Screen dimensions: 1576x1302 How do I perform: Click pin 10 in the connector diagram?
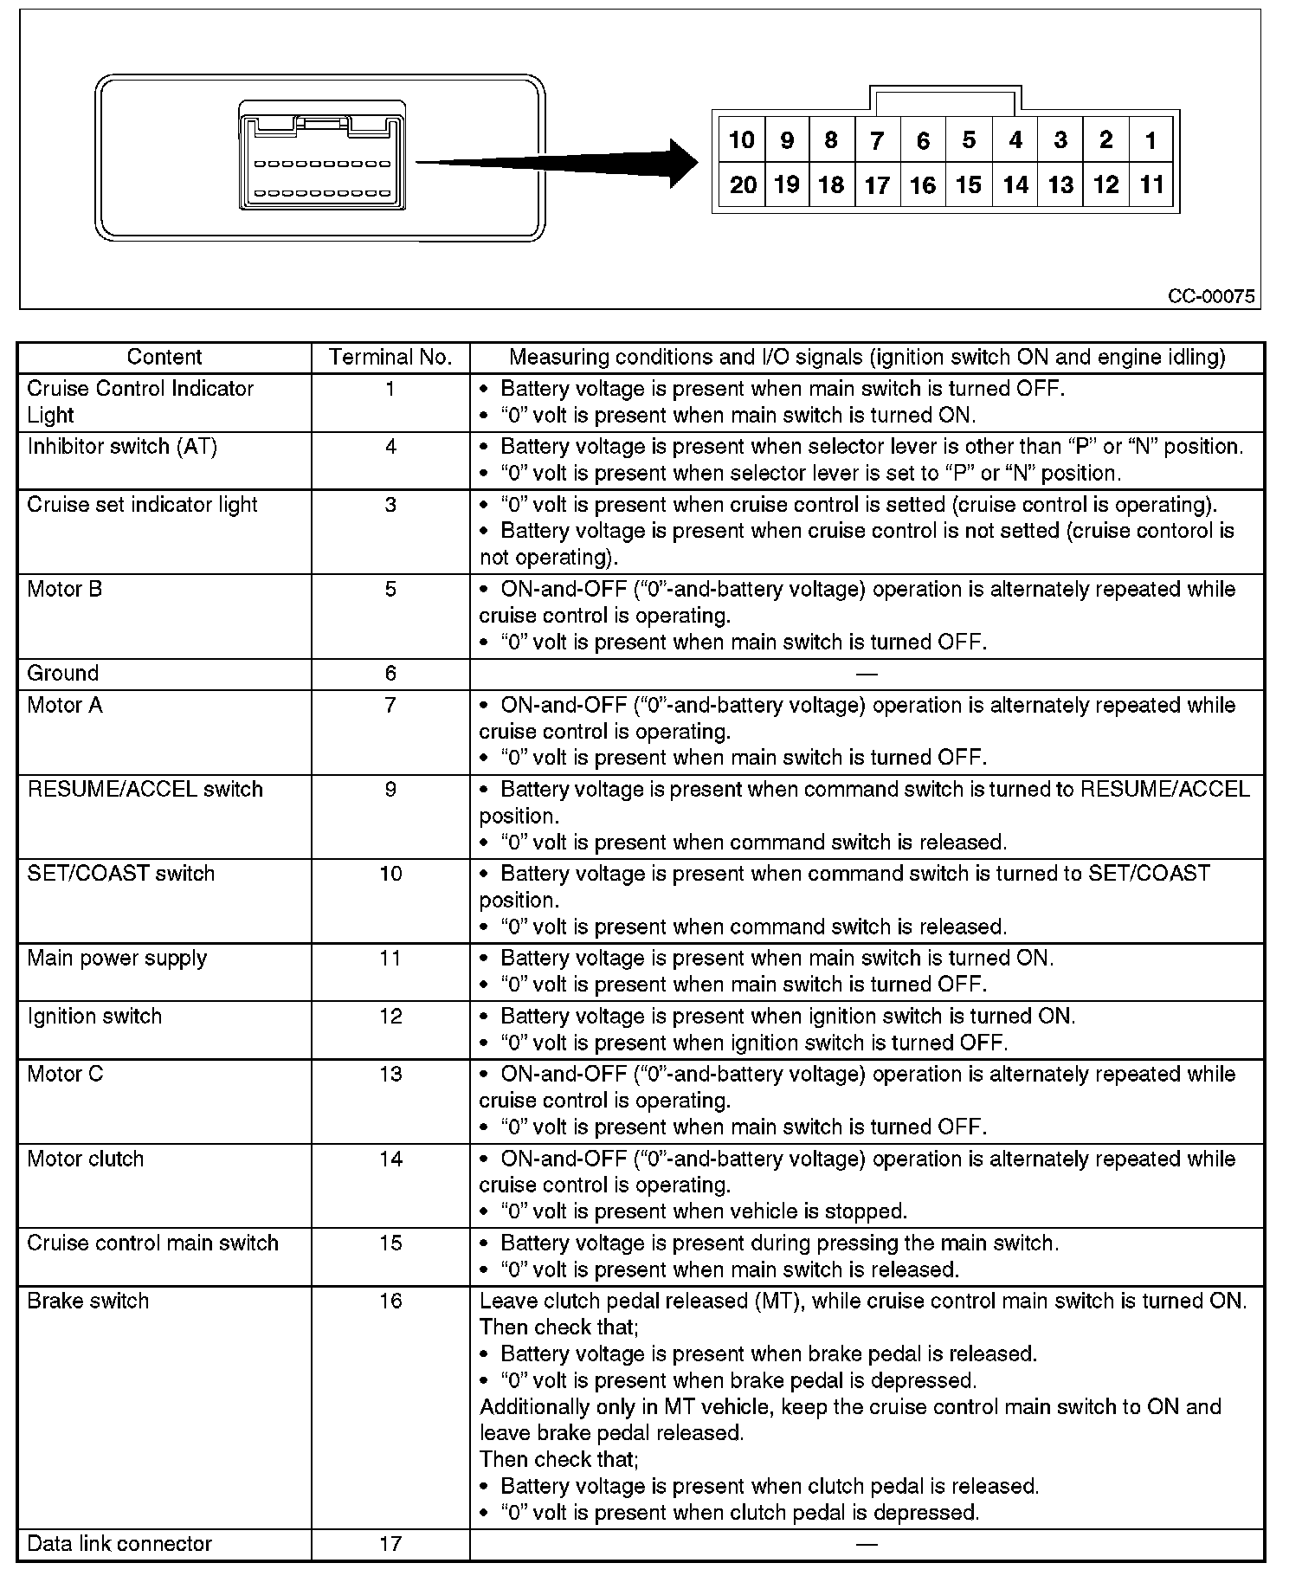pyautogui.click(x=742, y=140)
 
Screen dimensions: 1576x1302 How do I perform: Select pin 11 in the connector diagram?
pyautogui.click(x=1151, y=185)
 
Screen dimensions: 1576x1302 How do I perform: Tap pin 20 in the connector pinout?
pyautogui.click(x=742, y=185)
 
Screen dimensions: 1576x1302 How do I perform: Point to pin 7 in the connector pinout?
pyautogui.click(x=877, y=140)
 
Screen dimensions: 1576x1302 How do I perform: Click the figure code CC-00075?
pyautogui.click(x=1210, y=296)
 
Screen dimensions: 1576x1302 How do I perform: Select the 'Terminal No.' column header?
pyautogui.click(x=390, y=358)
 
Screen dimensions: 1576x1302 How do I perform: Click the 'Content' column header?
pyautogui.click(x=164, y=358)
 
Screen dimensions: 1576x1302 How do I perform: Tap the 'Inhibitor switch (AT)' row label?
pyautogui.click(x=122, y=447)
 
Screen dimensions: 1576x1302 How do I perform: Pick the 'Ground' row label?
pyautogui.click(x=63, y=674)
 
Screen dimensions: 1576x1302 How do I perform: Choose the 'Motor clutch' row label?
pyautogui.click(x=86, y=1159)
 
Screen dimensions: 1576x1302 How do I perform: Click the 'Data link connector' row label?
pyautogui.click(x=119, y=1544)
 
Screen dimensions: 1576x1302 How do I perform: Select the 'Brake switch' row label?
pyautogui.click(x=88, y=1301)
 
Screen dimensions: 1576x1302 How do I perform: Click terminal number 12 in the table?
pyautogui.click(x=390, y=1017)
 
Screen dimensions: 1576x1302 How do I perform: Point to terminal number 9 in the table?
pyautogui.click(x=390, y=790)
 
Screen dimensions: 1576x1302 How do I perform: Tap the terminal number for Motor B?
pyautogui.click(x=390, y=590)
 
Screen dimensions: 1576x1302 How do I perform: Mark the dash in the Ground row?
pyautogui.click(x=867, y=674)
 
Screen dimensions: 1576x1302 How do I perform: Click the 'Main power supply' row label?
pyautogui.click(x=117, y=959)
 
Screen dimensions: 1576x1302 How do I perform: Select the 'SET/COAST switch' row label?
pyautogui.click(x=121, y=874)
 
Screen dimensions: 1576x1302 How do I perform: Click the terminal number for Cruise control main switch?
pyautogui.click(x=390, y=1243)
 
